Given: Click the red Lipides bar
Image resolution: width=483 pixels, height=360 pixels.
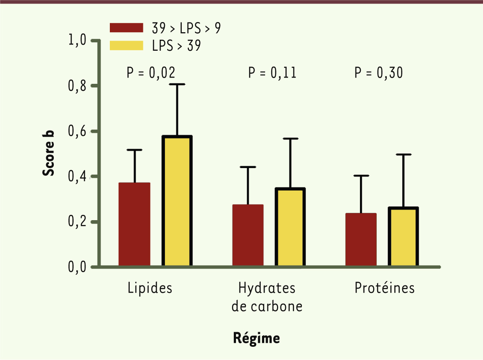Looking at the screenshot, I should [135, 225].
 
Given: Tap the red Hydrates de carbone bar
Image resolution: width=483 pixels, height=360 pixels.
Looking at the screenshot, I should [247, 236].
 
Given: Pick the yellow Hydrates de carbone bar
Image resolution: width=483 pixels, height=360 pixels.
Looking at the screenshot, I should [290, 228].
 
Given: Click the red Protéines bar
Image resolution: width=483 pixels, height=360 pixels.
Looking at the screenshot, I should [361, 240].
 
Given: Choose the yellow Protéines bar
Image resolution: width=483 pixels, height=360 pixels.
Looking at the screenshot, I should [403, 237].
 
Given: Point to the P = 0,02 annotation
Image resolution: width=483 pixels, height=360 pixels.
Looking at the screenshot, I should [151, 73].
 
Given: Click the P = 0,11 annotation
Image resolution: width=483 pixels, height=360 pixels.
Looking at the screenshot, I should [272, 73].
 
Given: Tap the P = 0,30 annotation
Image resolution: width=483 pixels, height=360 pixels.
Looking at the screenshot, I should [378, 73].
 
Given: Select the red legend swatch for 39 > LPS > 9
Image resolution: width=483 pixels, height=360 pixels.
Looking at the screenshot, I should [126, 28].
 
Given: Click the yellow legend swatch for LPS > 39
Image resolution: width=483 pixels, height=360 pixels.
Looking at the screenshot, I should [126, 45].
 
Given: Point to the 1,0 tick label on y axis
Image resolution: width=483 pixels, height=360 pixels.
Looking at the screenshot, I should [78, 41].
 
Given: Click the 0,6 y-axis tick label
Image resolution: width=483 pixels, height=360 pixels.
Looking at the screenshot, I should [78, 131].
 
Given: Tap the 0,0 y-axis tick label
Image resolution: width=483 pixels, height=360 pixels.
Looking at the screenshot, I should [78, 267].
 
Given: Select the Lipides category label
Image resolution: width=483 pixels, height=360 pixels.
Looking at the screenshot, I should [150, 288].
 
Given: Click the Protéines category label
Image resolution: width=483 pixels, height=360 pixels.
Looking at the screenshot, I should [385, 288].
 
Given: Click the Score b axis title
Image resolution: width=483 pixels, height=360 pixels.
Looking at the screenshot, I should [49, 153].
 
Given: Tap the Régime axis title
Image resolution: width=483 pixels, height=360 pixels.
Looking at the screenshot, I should [256, 338].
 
